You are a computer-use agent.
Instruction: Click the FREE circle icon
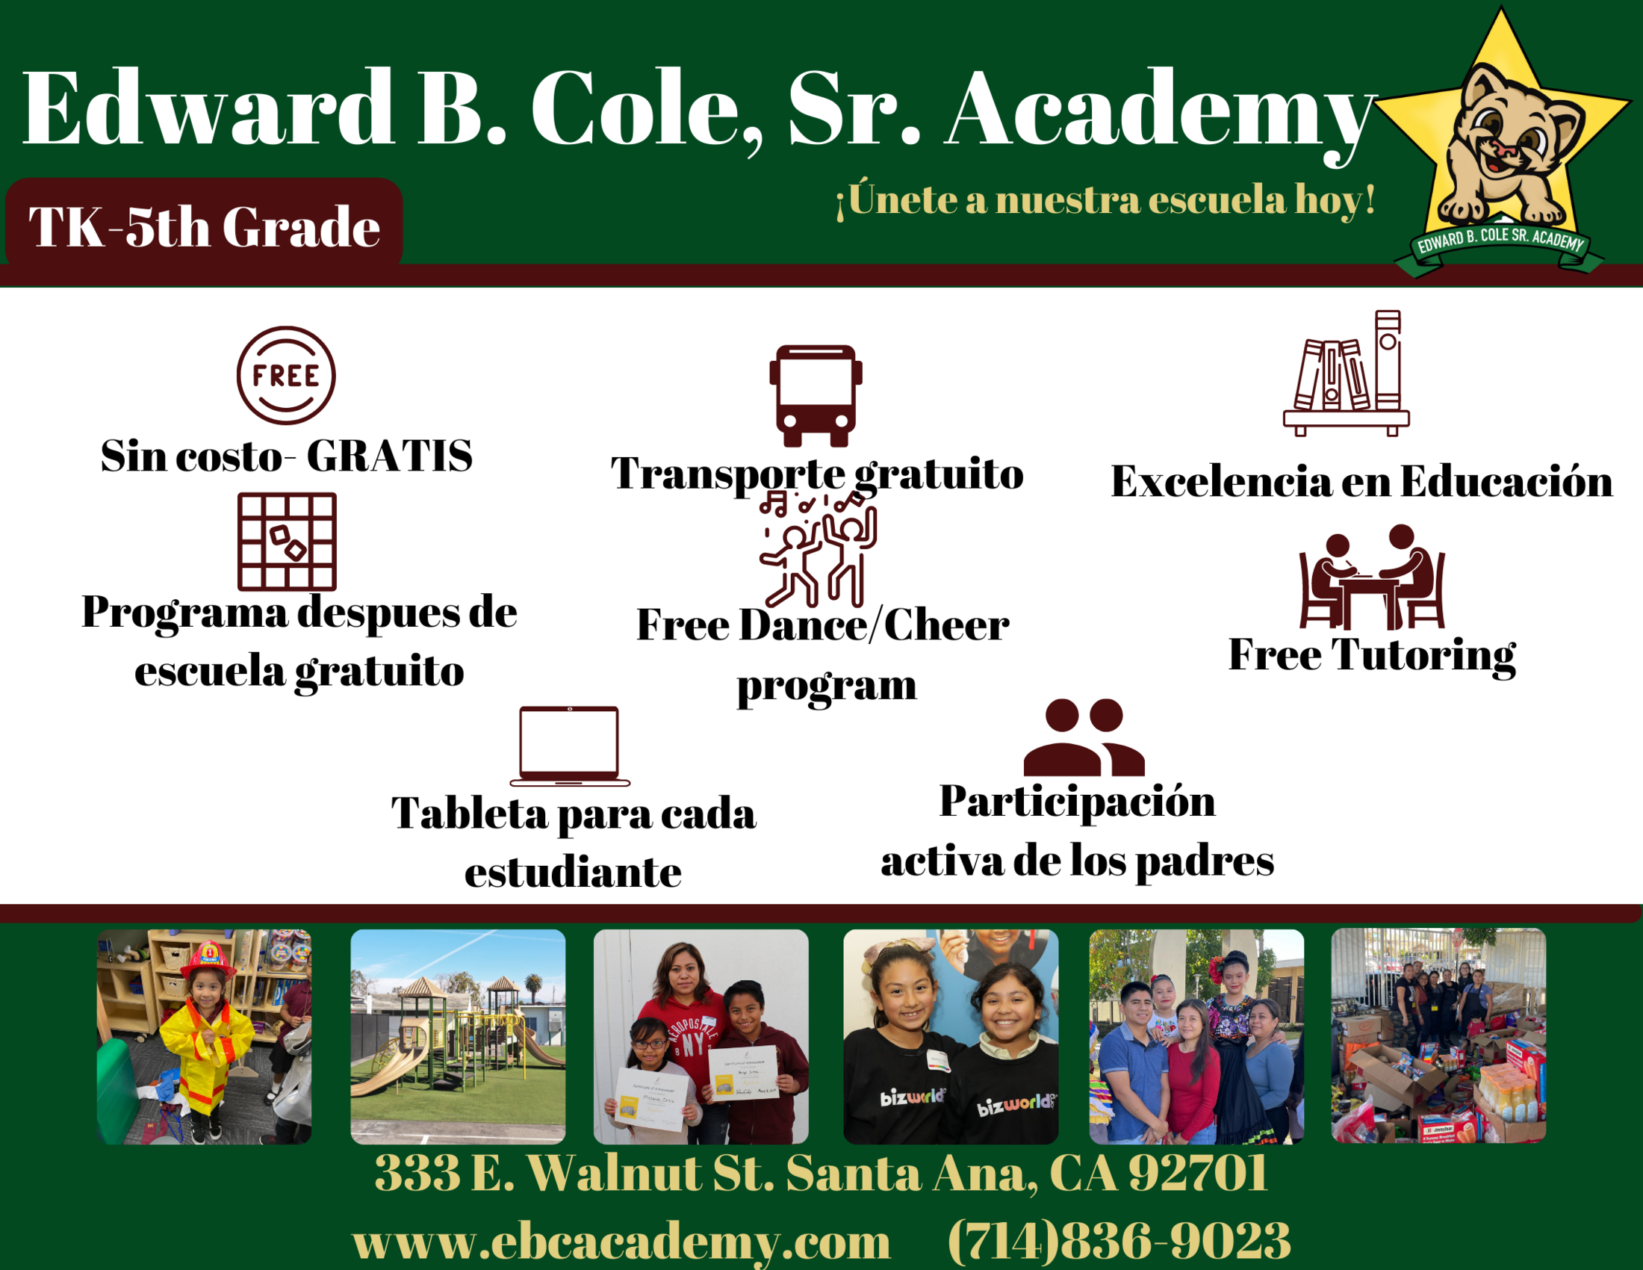coord(286,376)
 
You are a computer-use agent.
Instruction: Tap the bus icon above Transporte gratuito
coord(816,396)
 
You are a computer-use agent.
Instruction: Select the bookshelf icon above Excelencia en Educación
coord(1346,374)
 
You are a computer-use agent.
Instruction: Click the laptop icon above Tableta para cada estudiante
coord(570,746)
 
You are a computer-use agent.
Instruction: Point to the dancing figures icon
coord(818,548)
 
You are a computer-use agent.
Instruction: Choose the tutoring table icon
coord(1371,577)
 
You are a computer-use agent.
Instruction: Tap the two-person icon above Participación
coord(1084,737)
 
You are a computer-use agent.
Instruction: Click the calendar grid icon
coord(287,542)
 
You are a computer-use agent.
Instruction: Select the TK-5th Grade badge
coord(204,223)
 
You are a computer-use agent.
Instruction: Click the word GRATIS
coord(390,455)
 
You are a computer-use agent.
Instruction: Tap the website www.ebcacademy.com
coord(621,1242)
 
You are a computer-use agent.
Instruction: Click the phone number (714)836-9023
coord(1119,1240)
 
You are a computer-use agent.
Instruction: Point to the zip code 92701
coord(1199,1172)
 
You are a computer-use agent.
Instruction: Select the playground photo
coord(458,1037)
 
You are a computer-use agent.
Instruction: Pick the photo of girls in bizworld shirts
coord(951,1037)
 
